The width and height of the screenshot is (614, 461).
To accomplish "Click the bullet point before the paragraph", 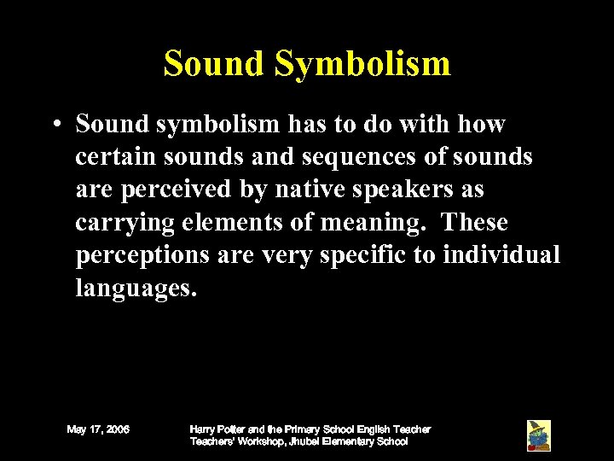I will click(54, 125).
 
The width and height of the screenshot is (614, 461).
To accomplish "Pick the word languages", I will click(136, 289).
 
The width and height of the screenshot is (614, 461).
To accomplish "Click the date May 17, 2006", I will click(98, 429).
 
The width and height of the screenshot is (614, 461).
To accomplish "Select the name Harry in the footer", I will click(203, 429).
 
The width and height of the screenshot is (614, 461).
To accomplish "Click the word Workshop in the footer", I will click(250, 441).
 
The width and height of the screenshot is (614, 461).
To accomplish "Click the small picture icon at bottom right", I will click(538, 435).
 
